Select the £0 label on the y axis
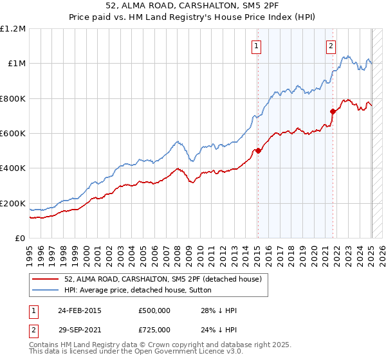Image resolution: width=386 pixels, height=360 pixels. [21, 239]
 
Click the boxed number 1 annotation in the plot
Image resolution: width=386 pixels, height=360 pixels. [256, 46]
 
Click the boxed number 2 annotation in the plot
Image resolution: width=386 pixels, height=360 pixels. [331, 46]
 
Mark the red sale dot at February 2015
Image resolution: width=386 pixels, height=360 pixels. [258, 150]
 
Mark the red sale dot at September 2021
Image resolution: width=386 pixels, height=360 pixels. [333, 111]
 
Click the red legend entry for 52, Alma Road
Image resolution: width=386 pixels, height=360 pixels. [162, 279]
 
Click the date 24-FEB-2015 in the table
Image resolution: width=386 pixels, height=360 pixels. [80, 310]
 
